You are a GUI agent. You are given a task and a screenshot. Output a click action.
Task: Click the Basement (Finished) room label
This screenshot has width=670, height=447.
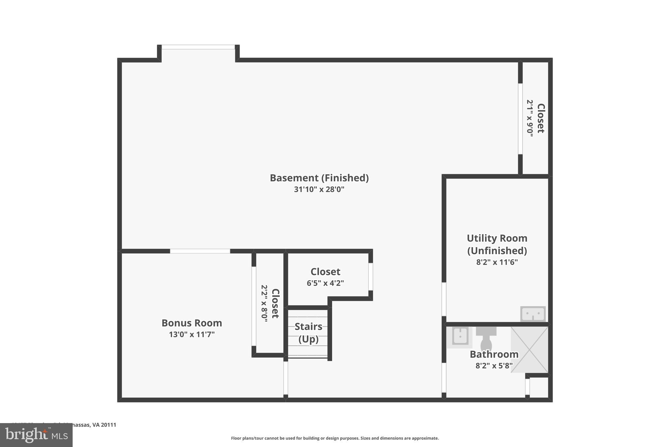click(x=319, y=178)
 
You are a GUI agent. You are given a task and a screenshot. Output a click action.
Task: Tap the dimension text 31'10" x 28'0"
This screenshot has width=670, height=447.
click(x=319, y=189)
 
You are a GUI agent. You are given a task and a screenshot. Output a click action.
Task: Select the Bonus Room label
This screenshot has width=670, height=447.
click(x=192, y=323)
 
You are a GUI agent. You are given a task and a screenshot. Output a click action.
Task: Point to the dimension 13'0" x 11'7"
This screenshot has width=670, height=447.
click(x=192, y=334)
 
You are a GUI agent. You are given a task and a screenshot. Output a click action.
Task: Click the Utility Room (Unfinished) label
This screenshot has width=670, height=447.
click(x=497, y=244)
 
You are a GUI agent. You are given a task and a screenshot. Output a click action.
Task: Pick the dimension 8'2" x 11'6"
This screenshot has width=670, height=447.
click(x=497, y=262)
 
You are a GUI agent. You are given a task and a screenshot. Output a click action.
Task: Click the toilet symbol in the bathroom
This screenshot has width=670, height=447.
click(x=486, y=339)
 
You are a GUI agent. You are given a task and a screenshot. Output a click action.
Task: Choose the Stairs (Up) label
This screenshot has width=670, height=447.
click(x=308, y=333)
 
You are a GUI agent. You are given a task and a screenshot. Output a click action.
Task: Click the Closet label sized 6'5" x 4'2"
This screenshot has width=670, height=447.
click(x=325, y=272)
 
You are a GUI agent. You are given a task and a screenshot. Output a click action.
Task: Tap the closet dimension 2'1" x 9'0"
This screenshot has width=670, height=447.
click(x=530, y=118)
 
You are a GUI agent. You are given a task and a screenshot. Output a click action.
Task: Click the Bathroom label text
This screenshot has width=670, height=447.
click(x=494, y=354)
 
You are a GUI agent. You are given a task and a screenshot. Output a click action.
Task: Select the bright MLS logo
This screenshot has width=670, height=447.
click(x=36, y=435)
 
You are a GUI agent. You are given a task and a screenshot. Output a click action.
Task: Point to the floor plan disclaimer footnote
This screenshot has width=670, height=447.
click(x=335, y=438)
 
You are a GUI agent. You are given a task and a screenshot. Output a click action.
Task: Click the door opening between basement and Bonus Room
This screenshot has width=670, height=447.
click(x=200, y=251)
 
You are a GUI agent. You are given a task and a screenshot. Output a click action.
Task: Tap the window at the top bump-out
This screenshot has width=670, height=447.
click(x=198, y=47)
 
